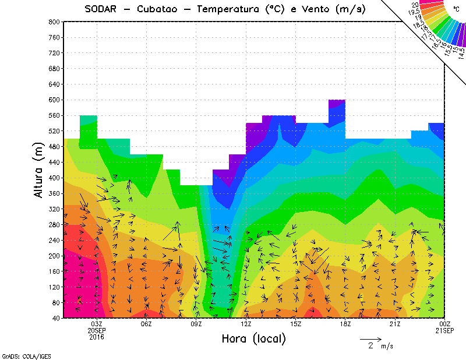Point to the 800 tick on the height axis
(53, 22)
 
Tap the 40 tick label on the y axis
(55, 318)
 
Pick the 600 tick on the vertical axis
(53, 100)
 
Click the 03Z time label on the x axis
(97, 324)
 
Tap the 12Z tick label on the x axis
(246, 324)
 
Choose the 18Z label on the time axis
(345, 324)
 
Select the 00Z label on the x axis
(445, 324)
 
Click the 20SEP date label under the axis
(97, 330)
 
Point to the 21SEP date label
(445, 330)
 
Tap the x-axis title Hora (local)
(253, 339)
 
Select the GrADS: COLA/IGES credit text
(17, 355)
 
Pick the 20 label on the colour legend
(415, 5)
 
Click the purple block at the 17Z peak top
(337, 104)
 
